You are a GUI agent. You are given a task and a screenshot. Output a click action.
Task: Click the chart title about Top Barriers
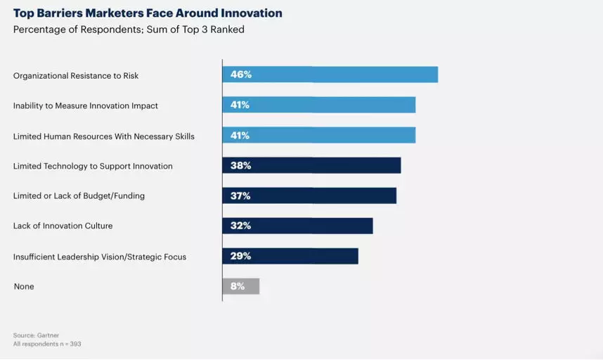point(148,13)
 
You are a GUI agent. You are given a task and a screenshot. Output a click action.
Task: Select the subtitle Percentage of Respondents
point(129,30)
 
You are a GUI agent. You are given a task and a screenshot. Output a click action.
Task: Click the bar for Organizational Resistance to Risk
point(330,75)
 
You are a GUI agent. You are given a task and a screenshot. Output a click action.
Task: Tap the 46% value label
point(240,75)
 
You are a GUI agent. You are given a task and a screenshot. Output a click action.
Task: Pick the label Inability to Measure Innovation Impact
point(86,105)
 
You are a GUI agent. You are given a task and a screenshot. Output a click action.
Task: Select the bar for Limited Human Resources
point(319,135)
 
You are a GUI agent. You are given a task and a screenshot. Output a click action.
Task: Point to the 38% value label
point(240,165)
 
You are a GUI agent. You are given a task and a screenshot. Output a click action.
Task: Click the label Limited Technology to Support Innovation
point(93,166)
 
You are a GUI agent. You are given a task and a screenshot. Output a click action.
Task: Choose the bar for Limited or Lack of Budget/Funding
point(309,195)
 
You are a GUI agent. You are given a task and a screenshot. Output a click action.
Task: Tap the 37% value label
point(240,195)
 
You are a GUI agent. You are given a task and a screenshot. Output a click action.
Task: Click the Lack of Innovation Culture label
point(63,226)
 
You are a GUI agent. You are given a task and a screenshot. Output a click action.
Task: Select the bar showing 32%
point(297,226)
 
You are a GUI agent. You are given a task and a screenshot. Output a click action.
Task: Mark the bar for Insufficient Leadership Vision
point(290,256)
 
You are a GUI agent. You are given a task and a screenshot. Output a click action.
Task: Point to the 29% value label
point(240,256)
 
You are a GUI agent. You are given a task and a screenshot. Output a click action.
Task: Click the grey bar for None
point(241,286)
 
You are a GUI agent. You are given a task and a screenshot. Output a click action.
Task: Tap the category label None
point(24,287)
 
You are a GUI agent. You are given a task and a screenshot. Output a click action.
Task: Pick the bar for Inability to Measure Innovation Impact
point(319,105)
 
